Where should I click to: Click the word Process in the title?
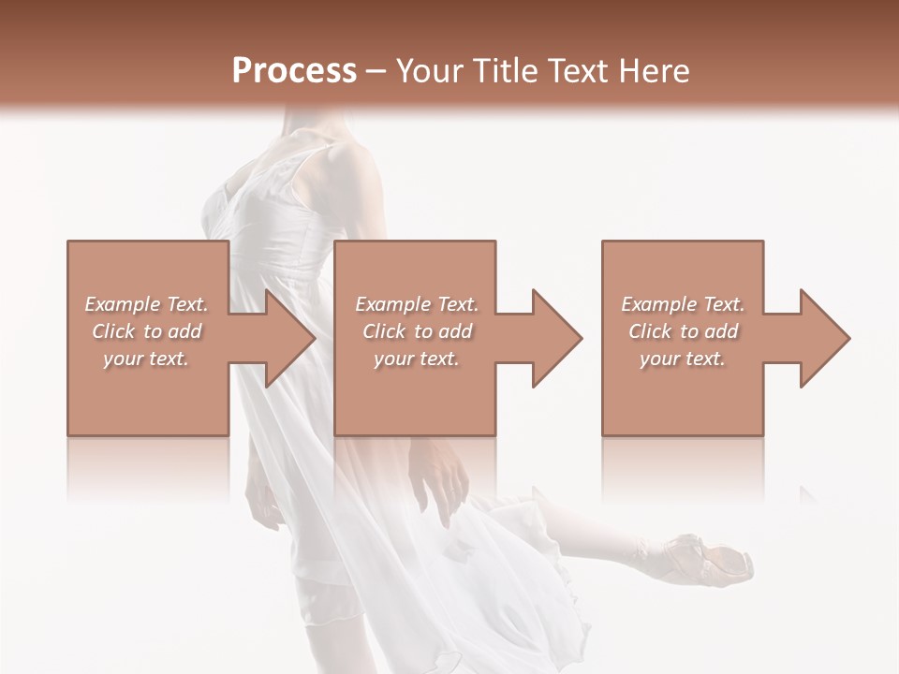point(294,70)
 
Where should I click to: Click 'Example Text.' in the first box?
point(147,304)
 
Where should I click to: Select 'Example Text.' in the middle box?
point(417,304)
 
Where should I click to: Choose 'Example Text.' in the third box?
point(683,304)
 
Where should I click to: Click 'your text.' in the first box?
point(146,359)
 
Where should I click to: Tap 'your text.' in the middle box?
point(416,359)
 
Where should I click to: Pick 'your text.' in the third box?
point(683,359)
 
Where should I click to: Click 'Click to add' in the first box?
point(147,331)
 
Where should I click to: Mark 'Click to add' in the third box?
point(684,331)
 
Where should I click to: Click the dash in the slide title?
point(376,72)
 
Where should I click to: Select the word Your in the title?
point(428,70)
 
